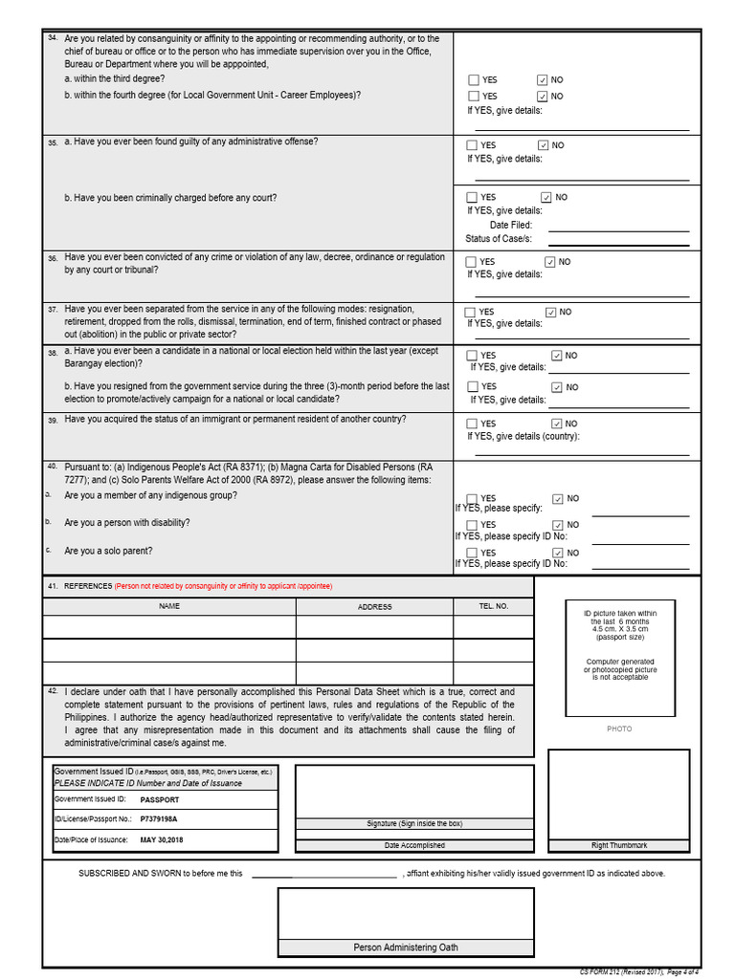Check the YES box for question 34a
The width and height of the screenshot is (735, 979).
point(474,80)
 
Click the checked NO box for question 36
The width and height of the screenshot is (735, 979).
point(550,261)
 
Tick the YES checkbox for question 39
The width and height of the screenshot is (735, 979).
point(472,424)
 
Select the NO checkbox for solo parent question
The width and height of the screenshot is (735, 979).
point(559,553)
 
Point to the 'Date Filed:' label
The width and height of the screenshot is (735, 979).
point(511,225)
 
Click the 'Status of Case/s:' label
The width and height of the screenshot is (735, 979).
point(499,238)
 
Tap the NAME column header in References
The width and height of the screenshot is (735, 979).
point(169,606)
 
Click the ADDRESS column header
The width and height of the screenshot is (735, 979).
point(374,606)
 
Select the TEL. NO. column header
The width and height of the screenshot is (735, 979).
point(493,606)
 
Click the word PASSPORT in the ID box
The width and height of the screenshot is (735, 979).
point(160,799)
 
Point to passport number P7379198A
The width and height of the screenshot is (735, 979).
point(159,819)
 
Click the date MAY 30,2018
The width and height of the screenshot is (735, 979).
point(162,839)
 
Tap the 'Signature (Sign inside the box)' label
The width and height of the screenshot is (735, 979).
point(414,823)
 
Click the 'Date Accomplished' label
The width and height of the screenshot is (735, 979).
point(414,845)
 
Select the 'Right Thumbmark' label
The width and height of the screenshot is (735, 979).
point(618,845)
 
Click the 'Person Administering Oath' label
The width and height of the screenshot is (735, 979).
point(406,947)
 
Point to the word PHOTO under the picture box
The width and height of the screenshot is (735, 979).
point(619,729)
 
